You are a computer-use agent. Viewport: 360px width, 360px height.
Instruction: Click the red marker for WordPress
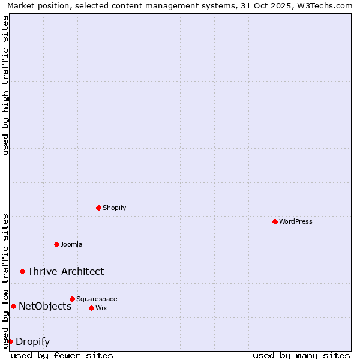(x=275, y=221)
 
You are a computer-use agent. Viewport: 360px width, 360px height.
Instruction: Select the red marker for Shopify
(x=98, y=208)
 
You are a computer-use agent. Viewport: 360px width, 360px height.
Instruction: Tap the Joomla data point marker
(x=56, y=244)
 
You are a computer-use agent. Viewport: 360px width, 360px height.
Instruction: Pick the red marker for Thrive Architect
(x=22, y=271)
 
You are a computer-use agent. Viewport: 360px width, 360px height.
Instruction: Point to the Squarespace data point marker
(x=72, y=299)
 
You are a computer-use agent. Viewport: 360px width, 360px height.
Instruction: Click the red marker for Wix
(x=91, y=308)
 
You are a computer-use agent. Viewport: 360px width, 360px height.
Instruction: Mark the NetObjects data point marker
(x=13, y=306)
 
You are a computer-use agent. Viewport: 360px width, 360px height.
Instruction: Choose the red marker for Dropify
(x=10, y=341)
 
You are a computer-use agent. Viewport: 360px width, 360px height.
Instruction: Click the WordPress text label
(x=296, y=221)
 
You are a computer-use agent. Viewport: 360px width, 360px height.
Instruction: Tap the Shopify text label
(x=114, y=208)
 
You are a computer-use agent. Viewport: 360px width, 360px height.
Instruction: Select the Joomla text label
(x=71, y=244)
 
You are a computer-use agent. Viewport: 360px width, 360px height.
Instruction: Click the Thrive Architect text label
(x=65, y=271)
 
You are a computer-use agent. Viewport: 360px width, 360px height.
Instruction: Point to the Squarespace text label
(x=97, y=299)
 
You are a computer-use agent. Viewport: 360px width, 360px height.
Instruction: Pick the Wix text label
(x=101, y=308)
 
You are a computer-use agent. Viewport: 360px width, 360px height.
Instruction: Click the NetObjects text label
(x=45, y=306)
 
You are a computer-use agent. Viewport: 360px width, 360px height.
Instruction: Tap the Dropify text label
(x=32, y=341)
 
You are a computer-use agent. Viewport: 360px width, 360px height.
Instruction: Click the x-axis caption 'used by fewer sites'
(x=62, y=355)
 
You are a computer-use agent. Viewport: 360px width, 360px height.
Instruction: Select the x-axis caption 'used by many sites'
(x=301, y=355)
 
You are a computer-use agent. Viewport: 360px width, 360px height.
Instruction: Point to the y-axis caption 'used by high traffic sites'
(x=6, y=85)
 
